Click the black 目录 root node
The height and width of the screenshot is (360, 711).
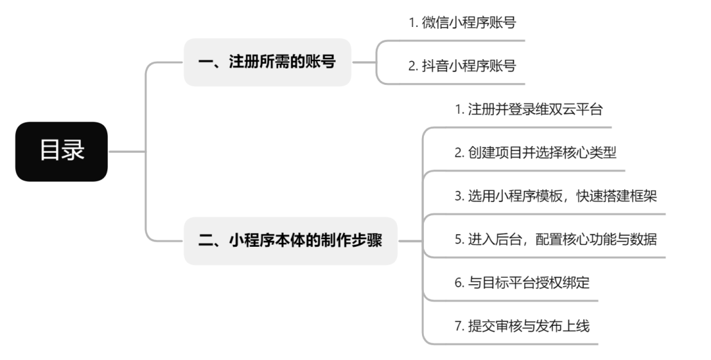click(x=61, y=151)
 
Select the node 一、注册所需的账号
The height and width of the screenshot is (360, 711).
click(x=267, y=63)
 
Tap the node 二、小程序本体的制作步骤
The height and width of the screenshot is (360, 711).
click(x=290, y=241)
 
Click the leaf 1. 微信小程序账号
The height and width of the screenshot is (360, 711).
click(x=461, y=22)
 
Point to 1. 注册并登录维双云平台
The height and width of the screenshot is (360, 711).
click(x=529, y=109)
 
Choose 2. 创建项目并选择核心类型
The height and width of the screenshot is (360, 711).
click(x=535, y=153)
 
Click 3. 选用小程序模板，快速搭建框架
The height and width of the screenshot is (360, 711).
click(x=555, y=196)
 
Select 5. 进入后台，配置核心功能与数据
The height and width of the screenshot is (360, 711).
click(x=555, y=240)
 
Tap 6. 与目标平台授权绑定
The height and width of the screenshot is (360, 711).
click(x=522, y=283)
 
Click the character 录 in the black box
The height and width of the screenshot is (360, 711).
click(x=74, y=151)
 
